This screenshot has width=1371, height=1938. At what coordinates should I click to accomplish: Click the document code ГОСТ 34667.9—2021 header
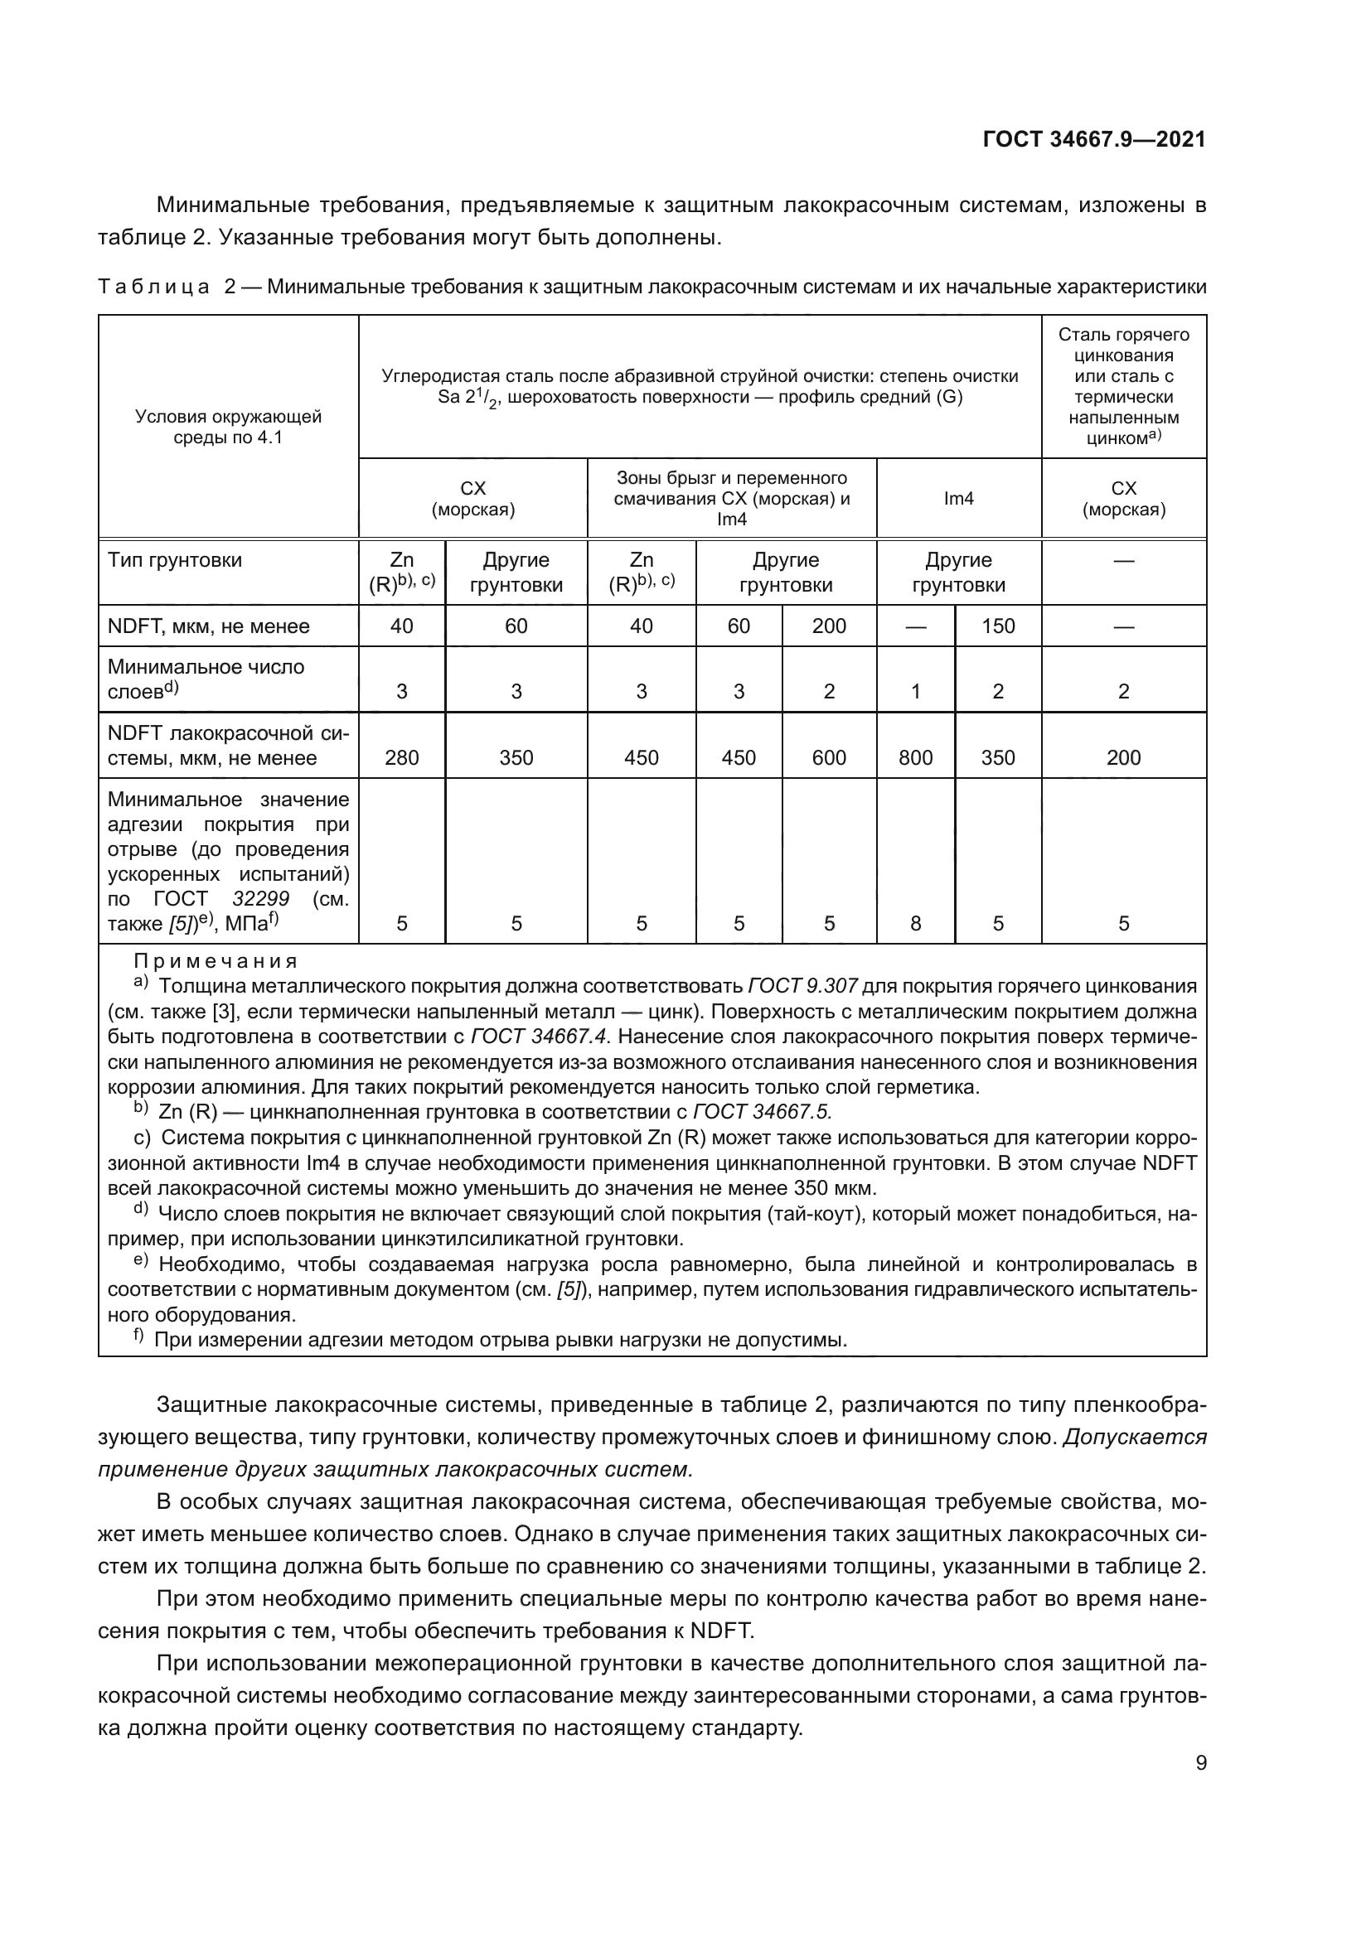coord(1094,139)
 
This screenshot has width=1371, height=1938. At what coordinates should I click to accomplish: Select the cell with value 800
coord(915,757)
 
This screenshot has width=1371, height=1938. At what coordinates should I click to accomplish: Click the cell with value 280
coord(401,757)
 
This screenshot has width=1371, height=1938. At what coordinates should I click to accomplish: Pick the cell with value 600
coord(828,757)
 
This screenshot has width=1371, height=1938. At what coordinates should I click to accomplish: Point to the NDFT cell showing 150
coord(997,626)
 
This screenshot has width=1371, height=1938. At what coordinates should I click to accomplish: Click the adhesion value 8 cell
coord(915,922)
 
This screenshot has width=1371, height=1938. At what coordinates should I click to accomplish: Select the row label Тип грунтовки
coord(175,560)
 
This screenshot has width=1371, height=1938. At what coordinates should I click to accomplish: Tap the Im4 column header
coord(958,498)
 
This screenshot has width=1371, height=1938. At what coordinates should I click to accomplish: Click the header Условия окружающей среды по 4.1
coord(228,426)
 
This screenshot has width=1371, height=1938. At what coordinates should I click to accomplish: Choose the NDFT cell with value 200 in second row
coord(828,626)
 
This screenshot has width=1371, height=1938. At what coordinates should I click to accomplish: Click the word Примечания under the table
coord(216,961)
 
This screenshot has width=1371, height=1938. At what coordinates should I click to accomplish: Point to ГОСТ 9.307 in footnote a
coord(802,986)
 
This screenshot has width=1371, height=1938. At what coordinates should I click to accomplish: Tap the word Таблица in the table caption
coord(153,287)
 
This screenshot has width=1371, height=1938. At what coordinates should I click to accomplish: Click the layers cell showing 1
coord(915,691)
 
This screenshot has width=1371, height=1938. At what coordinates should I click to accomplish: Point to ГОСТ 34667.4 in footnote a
coord(540,1037)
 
